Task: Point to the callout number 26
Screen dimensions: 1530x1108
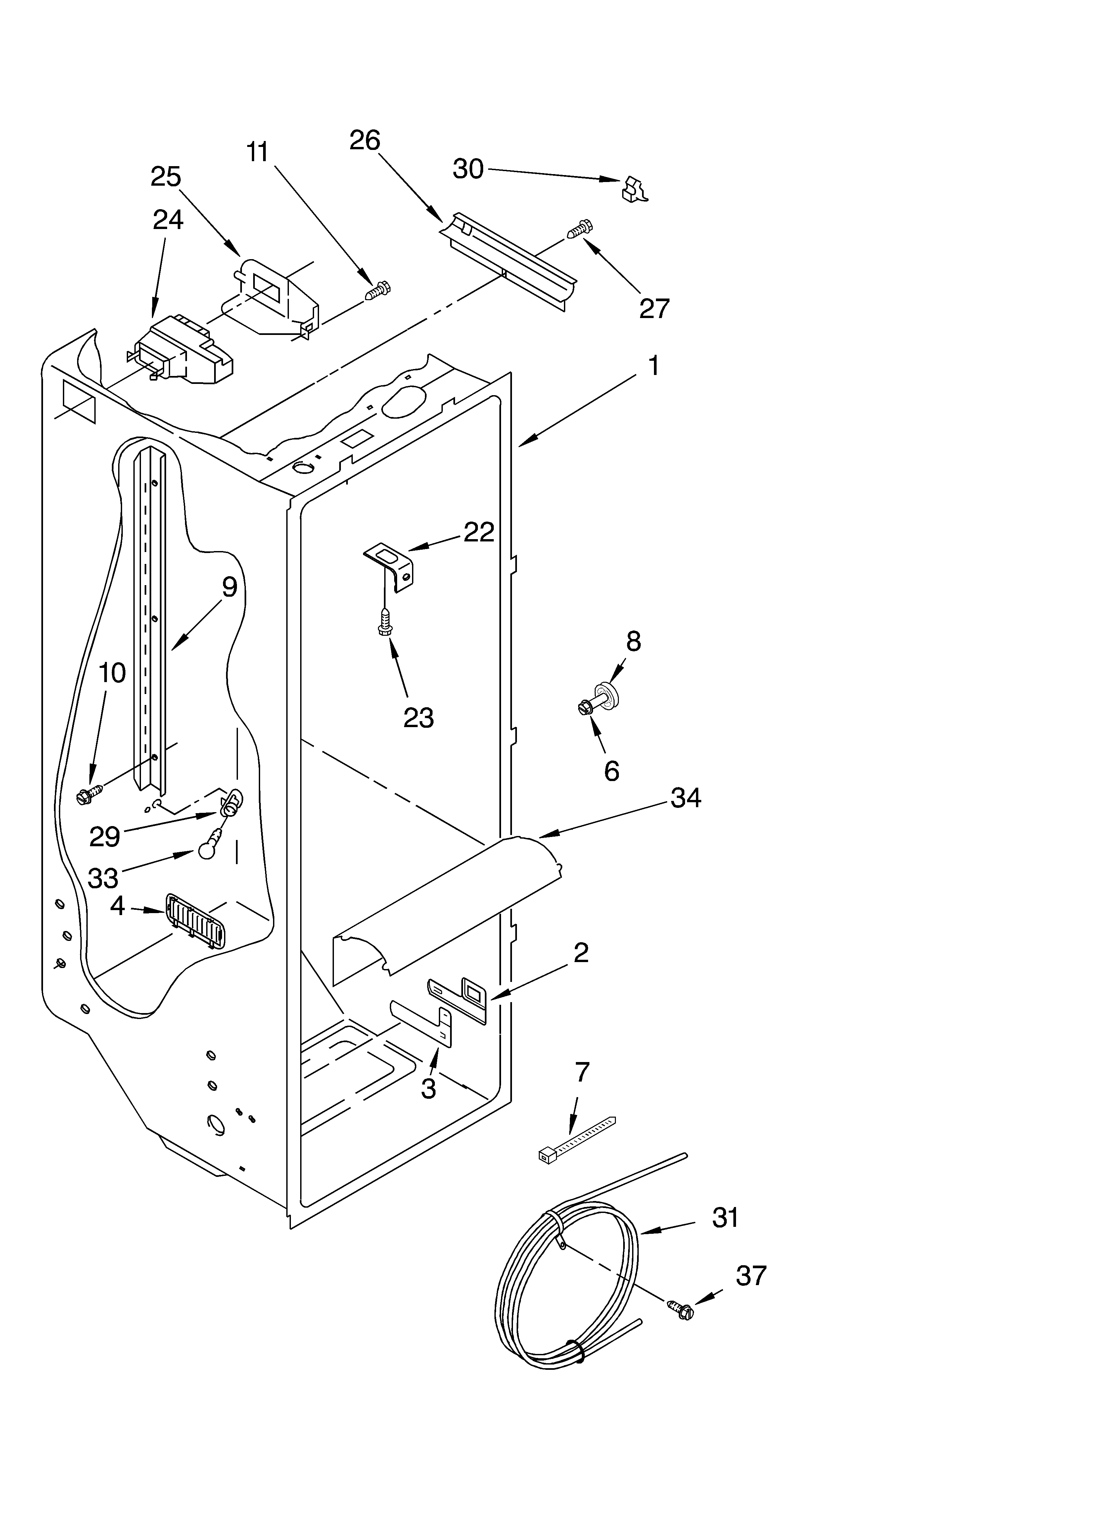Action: (x=364, y=140)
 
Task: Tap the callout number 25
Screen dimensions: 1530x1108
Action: (x=166, y=177)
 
